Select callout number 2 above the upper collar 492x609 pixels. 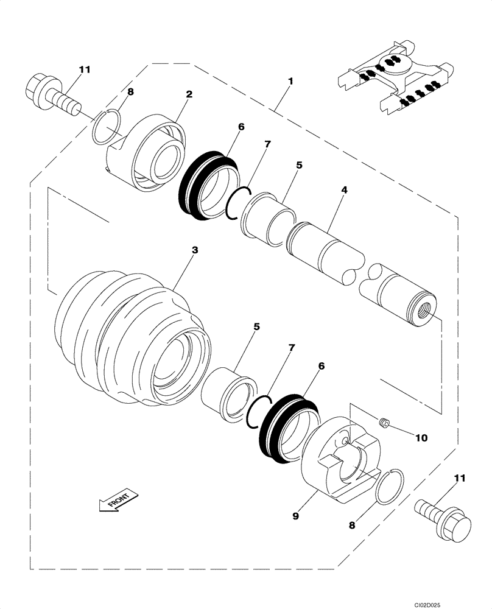189,94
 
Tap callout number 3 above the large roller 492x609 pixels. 194,250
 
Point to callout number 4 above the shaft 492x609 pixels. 344,191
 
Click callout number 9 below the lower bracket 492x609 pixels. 295,516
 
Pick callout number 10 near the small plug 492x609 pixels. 421,437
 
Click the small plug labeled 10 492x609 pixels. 384,422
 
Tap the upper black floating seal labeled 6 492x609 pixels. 207,183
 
